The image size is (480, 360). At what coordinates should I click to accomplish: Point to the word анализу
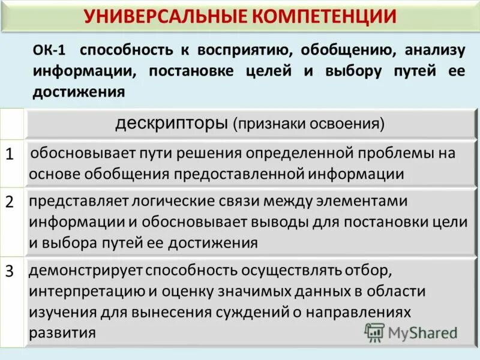tap(434, 50)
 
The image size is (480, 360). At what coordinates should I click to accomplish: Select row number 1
tap(10, 154)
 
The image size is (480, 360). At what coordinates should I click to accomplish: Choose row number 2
tap(10, 202)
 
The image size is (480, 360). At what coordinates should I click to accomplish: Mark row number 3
tap(10, 271)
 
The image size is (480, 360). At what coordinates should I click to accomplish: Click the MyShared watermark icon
tap(375, 331)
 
